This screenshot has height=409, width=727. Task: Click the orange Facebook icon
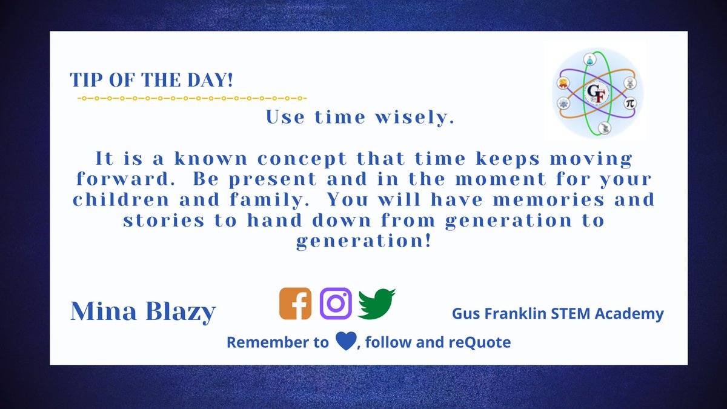pos(295,304)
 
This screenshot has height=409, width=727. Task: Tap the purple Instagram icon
pos(336,304)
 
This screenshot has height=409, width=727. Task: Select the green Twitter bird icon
pos(376,304)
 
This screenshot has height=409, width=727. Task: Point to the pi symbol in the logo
pos(629,104)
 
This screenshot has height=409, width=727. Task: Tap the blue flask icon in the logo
pos(588,59)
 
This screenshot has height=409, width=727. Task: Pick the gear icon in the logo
pos(563,104)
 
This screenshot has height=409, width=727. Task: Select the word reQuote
pos(480,342)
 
